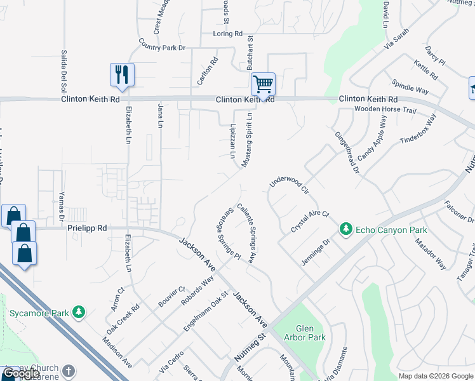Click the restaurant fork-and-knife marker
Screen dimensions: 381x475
(122, 75)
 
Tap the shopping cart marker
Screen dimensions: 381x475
(263, 84)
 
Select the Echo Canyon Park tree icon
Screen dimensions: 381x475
(345, 229)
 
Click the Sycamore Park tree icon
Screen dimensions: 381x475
(79, 312)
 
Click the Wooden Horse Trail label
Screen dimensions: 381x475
(385, 110)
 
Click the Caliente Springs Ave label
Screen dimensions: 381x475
(246, 234)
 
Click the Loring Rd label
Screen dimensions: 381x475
(229, 34)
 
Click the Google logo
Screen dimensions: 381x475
(21, 373)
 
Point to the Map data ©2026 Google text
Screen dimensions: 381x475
(436, 376)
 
